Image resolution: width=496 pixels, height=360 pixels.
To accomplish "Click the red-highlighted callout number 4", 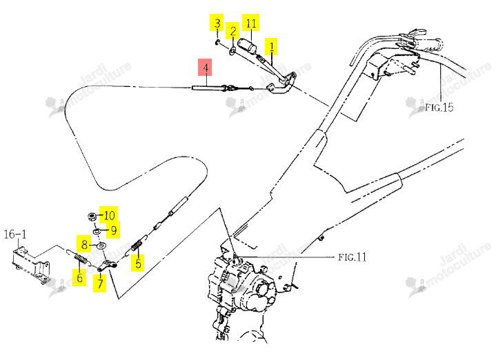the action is click(205, 68).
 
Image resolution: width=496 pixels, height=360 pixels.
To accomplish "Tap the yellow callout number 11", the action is click(251, 23).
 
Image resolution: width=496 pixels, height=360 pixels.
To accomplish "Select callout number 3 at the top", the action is click(217, 23).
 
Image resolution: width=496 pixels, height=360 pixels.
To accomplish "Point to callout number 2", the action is click(233, 30).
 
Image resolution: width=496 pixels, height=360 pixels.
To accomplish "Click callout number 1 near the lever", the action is click(271, 47).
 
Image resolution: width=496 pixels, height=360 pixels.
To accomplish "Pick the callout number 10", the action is click(109, 215).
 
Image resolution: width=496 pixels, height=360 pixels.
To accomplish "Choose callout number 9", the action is click(113, 230).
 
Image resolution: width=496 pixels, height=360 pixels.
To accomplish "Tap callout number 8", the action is click(84, 244).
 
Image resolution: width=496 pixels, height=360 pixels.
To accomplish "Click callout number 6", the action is click(79, 277).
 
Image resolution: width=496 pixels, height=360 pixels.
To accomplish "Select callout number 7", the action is click(100, 283).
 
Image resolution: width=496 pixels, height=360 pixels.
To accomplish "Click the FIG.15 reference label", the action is click(439, 108).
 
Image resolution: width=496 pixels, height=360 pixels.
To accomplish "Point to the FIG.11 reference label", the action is click(353, 257).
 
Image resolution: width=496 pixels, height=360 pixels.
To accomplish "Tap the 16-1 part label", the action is click(15, 234).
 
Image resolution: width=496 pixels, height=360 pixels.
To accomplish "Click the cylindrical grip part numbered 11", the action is click(247, 46).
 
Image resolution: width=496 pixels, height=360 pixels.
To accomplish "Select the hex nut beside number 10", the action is click(92, 217).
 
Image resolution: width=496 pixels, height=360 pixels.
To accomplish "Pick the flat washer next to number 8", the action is click(101, 246).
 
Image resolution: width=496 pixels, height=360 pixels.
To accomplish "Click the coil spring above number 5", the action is click(137, 246).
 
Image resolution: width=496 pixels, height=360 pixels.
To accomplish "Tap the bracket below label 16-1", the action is click(30, 264).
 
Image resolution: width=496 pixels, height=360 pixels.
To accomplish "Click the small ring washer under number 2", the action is click(232, 50).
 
